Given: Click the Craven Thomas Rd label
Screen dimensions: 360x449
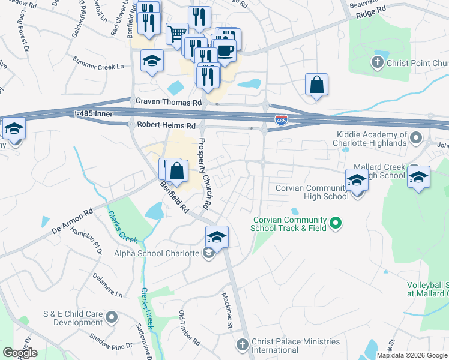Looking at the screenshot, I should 169,103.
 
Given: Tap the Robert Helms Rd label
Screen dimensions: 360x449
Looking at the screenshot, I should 166,125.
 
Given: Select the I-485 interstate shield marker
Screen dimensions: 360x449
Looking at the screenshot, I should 280,121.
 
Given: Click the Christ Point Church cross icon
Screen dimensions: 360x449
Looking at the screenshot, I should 377,62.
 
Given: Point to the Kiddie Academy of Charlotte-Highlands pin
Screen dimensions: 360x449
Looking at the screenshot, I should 415,140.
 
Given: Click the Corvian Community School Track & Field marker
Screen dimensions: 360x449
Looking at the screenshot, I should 336,224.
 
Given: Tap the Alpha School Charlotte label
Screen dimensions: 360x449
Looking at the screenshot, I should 157,253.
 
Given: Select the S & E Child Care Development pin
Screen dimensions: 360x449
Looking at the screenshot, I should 111,316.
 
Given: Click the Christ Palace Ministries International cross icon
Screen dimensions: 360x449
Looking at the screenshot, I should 242,345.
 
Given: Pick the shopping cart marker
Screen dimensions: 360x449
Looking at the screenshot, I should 177,33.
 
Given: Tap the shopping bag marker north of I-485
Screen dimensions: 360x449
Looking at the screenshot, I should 316,85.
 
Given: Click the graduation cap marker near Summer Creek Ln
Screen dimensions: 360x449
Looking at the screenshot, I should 152,61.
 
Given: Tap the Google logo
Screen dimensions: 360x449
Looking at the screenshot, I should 20,353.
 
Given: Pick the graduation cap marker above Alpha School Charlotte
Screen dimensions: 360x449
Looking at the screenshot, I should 217,236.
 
